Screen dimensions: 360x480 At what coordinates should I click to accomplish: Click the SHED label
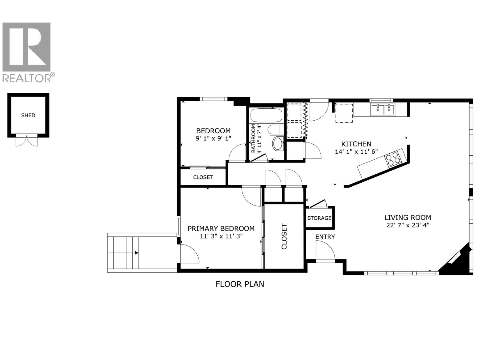coord(28,115)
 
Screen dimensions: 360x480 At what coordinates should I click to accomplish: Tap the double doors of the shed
coord(27,140)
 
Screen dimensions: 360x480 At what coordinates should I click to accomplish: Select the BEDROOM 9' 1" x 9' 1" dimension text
coord(213,138)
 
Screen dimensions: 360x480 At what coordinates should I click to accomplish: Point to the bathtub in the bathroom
coord(266,115)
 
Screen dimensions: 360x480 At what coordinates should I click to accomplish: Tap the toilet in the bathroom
coord(275,130)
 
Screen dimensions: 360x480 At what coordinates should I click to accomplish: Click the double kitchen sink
coord(383,109)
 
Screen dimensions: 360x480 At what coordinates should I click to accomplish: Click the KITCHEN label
coord(356,144)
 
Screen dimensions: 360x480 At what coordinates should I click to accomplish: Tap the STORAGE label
coord(319,218)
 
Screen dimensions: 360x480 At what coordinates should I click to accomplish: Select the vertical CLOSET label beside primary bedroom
coord(284,236)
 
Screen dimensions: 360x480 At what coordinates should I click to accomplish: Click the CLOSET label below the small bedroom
coord(203,177)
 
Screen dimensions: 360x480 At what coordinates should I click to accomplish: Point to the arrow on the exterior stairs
coord(136,253)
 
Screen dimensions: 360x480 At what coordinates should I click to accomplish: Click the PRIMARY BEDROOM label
coord(221,229)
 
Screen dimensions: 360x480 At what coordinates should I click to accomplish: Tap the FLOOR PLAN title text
coord(240,284)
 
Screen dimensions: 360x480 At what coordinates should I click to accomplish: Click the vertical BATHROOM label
coord(253,138)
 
